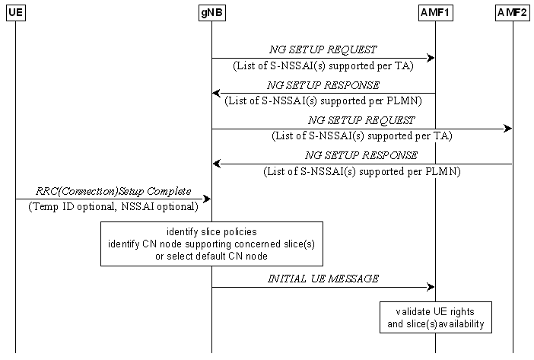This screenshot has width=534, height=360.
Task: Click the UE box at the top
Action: (15, 13)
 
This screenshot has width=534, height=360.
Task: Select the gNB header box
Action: (211, 13)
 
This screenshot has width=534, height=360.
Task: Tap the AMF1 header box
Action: (435, 13)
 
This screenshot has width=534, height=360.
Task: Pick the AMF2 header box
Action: (513, 13)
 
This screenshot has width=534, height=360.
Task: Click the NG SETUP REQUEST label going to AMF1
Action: (323, 49)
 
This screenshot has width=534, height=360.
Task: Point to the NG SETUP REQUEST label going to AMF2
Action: (361, 120)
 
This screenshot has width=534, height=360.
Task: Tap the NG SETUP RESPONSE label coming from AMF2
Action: (361, 155)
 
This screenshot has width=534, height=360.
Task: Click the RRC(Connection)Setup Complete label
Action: (113, 190)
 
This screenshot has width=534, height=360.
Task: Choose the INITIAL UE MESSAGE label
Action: (323, 279)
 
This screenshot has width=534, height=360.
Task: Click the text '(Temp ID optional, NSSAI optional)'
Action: (113, 206)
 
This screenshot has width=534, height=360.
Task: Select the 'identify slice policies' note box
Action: (211, 244)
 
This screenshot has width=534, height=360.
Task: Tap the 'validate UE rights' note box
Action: (435, 318)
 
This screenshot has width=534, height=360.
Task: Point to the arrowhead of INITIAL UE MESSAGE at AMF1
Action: (431, 288)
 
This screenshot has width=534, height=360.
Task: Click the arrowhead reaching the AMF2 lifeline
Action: (508, 129)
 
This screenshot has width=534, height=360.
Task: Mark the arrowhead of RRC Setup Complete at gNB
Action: (206, 199)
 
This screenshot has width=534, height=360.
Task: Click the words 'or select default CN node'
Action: (211, 256)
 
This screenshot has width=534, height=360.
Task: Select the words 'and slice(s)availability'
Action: (435, 325)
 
